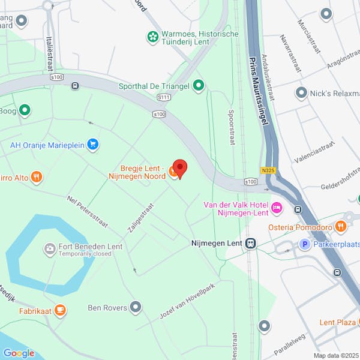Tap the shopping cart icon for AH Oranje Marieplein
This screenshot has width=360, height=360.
(x=92, y=144)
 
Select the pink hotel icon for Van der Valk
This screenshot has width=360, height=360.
(x=277, y=208)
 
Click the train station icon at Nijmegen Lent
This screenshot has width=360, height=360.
(x=250, y=244)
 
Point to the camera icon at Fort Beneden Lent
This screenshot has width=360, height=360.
(x=50, y=248)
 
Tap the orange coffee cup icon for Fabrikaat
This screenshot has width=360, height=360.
(x=59, y=310)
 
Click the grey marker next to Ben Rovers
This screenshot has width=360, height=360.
(x=136, y=308)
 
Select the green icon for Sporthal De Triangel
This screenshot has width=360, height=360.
(x=198, y=86)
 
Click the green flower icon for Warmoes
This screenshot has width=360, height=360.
(x=153, y=38)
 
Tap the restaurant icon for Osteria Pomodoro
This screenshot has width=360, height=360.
(x=341, y=226)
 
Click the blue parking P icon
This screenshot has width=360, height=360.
(x=304, y=244)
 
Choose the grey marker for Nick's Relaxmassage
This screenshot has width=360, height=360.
(x=301, y=93)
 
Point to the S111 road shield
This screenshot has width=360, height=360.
(x=164, y=97)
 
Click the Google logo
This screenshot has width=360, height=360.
(x=18, y=353)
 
